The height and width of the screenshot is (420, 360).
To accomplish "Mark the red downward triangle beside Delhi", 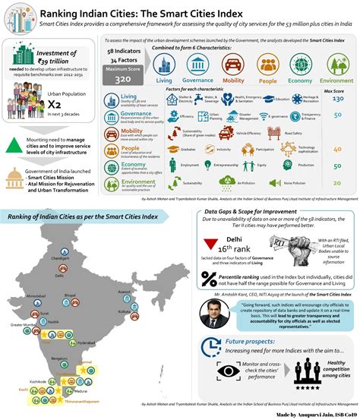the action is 213,245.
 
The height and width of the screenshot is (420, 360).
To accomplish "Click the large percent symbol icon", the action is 212,279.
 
